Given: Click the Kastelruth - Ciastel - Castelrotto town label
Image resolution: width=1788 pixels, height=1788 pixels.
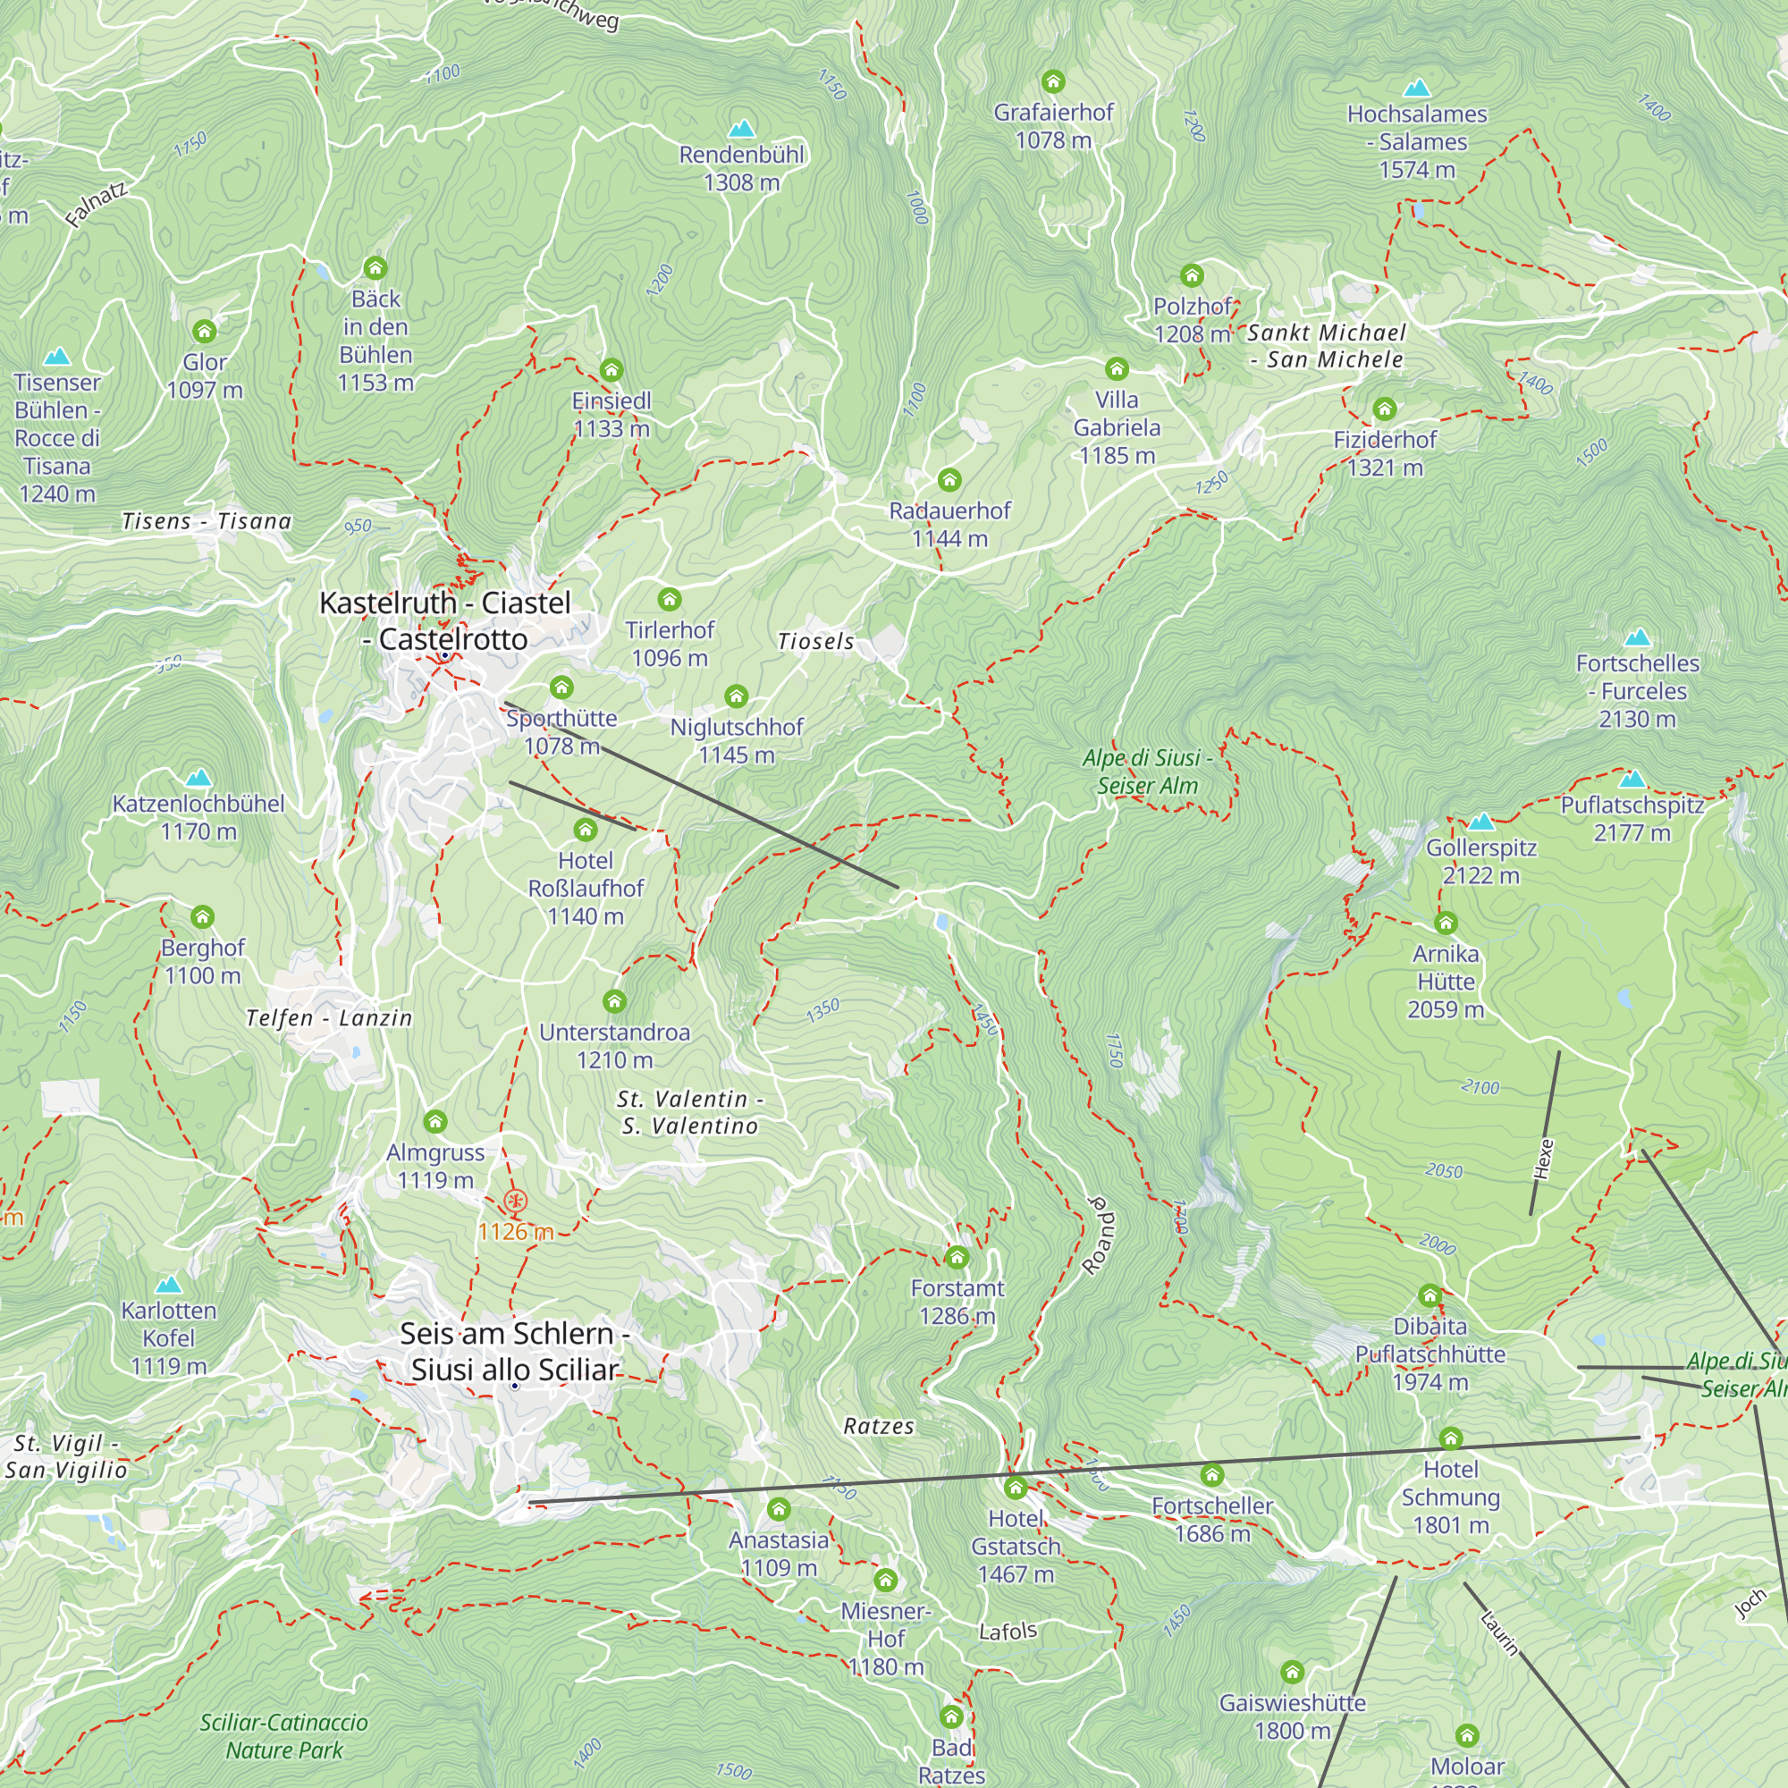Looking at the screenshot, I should click(444, 620).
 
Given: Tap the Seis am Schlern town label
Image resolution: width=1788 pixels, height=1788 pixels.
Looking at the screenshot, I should click(516, 1350).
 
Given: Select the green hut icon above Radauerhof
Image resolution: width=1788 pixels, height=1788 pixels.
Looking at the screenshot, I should click(949, 479).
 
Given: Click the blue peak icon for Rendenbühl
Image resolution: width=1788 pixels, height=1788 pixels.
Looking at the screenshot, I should click(741, 129).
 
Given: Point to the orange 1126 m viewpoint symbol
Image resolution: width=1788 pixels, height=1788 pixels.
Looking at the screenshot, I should click(516, 1202).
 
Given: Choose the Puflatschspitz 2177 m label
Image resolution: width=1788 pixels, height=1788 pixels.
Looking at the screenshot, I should click(1632, 818).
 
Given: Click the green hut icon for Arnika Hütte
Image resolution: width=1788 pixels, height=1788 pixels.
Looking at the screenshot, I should click(1446, 923).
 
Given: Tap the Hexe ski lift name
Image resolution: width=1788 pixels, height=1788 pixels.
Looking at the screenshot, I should click(1543, 1159).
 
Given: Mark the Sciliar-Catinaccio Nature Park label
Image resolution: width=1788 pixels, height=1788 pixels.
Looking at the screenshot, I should click(284, 1735).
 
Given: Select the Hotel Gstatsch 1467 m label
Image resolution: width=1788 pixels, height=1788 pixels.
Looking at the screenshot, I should click(1016, 1546).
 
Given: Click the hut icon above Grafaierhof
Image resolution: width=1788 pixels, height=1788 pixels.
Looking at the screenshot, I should click(1053, 81).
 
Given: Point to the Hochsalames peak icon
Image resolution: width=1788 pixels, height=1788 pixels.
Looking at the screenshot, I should click(1417, 89).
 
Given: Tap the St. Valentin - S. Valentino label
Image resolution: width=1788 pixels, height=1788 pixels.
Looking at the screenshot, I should click(689, 1111).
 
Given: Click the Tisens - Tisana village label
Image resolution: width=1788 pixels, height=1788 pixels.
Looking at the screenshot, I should click(207, 521).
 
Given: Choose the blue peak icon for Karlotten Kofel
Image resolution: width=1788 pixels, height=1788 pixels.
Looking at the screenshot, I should click(168, 1285).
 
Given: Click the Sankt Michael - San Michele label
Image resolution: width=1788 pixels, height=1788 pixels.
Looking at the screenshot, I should click(1326, 345).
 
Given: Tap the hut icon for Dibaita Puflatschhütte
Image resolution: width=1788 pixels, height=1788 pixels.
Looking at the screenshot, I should click(1430, 1295).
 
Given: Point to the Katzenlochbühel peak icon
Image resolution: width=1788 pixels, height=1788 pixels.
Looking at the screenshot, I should click(198, 779).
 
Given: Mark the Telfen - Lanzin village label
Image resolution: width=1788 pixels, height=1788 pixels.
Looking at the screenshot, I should click(328, 1018).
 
